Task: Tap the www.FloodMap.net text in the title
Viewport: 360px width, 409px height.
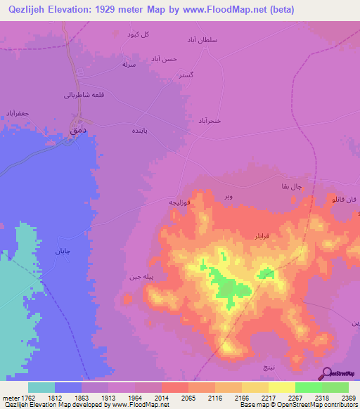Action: click(x=225, y=9)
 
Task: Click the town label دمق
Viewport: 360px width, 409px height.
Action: click(x=77, y=129)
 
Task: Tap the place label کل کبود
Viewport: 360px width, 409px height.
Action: click(x=138, y=34)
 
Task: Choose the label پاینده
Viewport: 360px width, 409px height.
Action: click(x=140, y=131)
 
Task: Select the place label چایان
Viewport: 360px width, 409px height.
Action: click(x=64, y=249)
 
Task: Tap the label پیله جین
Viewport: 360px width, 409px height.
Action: click(x=139, y=277)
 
